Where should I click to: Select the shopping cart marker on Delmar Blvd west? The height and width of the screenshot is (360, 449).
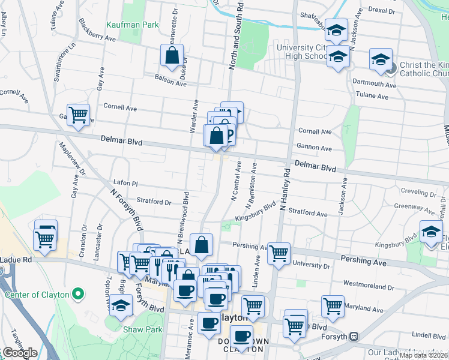79,115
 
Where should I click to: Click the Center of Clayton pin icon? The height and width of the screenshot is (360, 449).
77,295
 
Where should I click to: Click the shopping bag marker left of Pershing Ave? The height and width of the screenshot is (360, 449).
202,244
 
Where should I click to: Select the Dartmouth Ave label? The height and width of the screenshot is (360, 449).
374,85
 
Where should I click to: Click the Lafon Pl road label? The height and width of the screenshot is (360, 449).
125,182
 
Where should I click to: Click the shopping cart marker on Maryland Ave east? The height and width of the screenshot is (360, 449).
332,305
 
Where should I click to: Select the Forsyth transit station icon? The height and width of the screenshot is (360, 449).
355,337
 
